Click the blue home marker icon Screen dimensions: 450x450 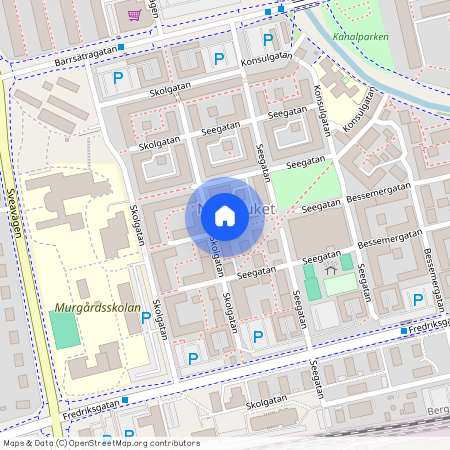(x=225, y=215)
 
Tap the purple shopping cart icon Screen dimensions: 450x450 (x=134, y=15)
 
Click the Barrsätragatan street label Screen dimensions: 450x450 (x=75, y=53)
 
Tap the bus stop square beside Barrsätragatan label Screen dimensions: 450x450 (x=121, y=47)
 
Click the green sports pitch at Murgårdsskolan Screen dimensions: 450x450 (x=64, y=330)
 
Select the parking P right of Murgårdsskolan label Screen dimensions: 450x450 (x=146, y=317)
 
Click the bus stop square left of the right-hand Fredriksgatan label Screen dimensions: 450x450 (x=404, y=330)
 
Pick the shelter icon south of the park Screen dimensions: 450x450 (x=331, y=269)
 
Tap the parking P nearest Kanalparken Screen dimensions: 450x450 (x=267, y=40)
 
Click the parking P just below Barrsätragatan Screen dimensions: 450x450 (x=118, y=77)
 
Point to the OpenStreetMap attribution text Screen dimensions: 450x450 (x=100, y=443)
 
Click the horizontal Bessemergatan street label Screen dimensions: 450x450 (x=384, y=189)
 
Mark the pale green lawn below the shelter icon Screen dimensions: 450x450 (x=340, y=285)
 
